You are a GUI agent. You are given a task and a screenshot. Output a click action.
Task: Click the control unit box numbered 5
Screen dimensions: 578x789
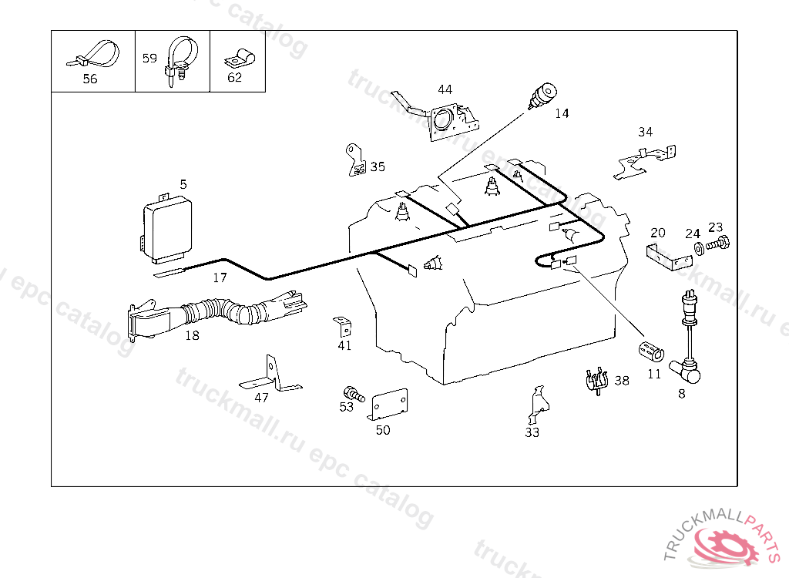coord(170,227)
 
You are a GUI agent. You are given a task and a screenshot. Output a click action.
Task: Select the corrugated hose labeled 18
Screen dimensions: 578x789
coord(223,312)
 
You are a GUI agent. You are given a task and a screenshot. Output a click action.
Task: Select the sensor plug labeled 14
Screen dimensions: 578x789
coord(541,96)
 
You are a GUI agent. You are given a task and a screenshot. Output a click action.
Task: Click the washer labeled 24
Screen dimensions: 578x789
coord(697,248)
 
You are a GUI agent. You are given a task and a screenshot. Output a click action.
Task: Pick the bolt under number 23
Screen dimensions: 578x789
coord(717,244)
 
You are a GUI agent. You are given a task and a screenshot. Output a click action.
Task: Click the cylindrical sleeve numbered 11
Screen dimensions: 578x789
coord(651,351)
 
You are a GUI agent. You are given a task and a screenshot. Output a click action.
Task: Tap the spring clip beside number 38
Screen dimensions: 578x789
coord(596,380)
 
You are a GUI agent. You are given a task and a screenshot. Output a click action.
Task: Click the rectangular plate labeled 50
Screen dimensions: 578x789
coord(390,403)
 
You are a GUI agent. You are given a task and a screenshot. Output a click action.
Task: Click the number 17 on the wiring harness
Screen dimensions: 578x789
coord(220,277)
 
